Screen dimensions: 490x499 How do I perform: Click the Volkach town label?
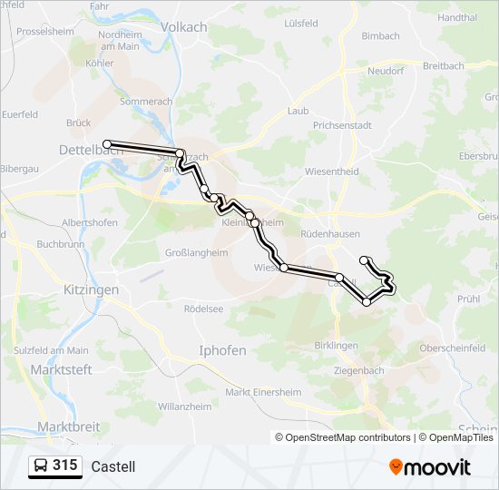(183, 27)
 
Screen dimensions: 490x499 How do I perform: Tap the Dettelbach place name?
(91, 150)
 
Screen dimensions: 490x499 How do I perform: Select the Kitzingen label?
(91, 289)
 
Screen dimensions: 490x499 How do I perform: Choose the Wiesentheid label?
(332, 171)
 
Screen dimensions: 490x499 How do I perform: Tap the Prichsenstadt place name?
(342, 125)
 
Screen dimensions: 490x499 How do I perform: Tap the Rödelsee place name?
(203, 308)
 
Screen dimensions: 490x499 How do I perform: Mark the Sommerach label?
(145, 103)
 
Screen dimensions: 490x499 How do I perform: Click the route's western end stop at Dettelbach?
(107, 144)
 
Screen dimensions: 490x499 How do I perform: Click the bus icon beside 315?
(41, 466)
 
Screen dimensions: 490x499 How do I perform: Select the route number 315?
(64, 465)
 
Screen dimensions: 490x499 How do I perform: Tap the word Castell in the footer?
(113, 466)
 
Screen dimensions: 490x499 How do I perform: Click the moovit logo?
(430, 466)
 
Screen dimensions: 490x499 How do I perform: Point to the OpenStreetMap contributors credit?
(348, 437)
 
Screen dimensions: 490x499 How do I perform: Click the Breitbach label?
(444, 66)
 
